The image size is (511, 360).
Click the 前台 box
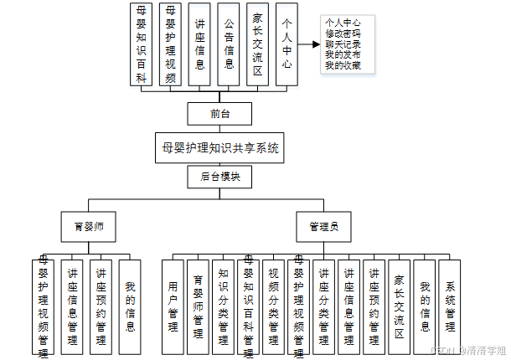[220, 114]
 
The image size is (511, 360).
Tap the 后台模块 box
[220, 177]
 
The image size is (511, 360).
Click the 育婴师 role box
[88, 226]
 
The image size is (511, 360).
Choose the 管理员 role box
[323, 226]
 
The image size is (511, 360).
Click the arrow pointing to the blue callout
[310, 47]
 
